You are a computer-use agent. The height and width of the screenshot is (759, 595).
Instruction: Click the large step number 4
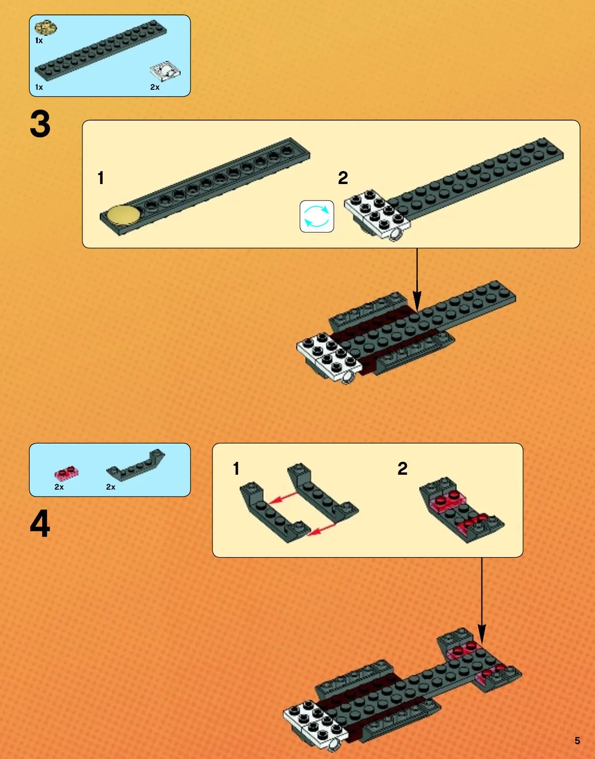coord(40,523)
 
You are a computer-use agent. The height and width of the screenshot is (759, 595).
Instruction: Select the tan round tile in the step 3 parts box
coord(46,28)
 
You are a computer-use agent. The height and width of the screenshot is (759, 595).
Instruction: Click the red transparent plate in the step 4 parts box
coord(66,473)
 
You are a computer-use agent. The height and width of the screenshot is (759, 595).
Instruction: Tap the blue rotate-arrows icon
coord(317,217)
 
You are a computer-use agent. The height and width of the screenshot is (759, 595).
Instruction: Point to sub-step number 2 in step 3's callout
coord(343,178)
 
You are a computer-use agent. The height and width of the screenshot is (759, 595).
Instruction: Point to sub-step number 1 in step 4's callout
coord(236,468)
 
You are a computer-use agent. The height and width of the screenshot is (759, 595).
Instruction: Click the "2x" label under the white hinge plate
coord(155,87)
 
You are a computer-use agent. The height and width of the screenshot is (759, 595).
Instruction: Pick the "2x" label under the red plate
coord(59,487)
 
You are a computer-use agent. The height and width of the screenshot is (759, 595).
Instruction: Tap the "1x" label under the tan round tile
coord(39,41)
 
